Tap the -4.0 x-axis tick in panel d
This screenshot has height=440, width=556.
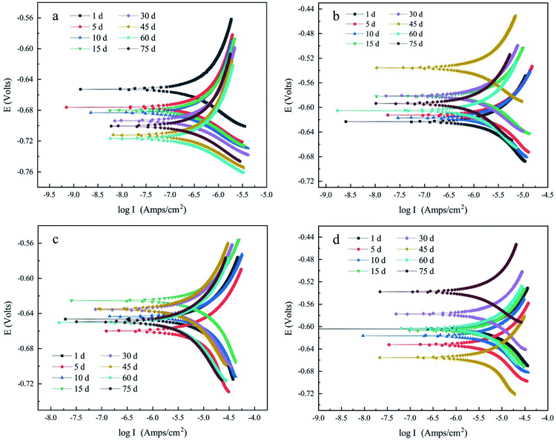point(546,417)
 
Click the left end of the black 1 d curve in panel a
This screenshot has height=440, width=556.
point(79,89)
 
